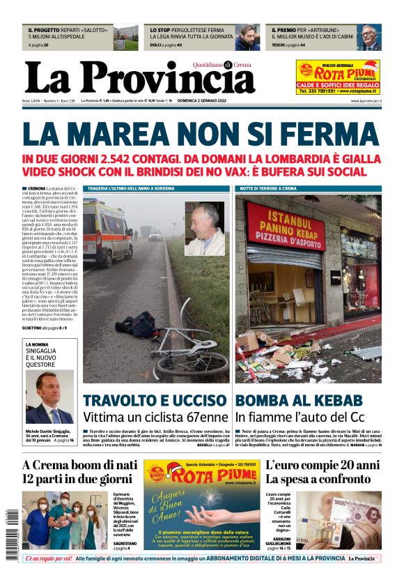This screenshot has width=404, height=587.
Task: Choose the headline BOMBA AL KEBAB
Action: (299, 400)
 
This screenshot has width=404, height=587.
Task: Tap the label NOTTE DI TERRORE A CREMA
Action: (268, 188)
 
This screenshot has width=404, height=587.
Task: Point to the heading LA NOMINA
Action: (38, 344)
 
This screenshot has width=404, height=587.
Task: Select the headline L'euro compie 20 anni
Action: (322, 465)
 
